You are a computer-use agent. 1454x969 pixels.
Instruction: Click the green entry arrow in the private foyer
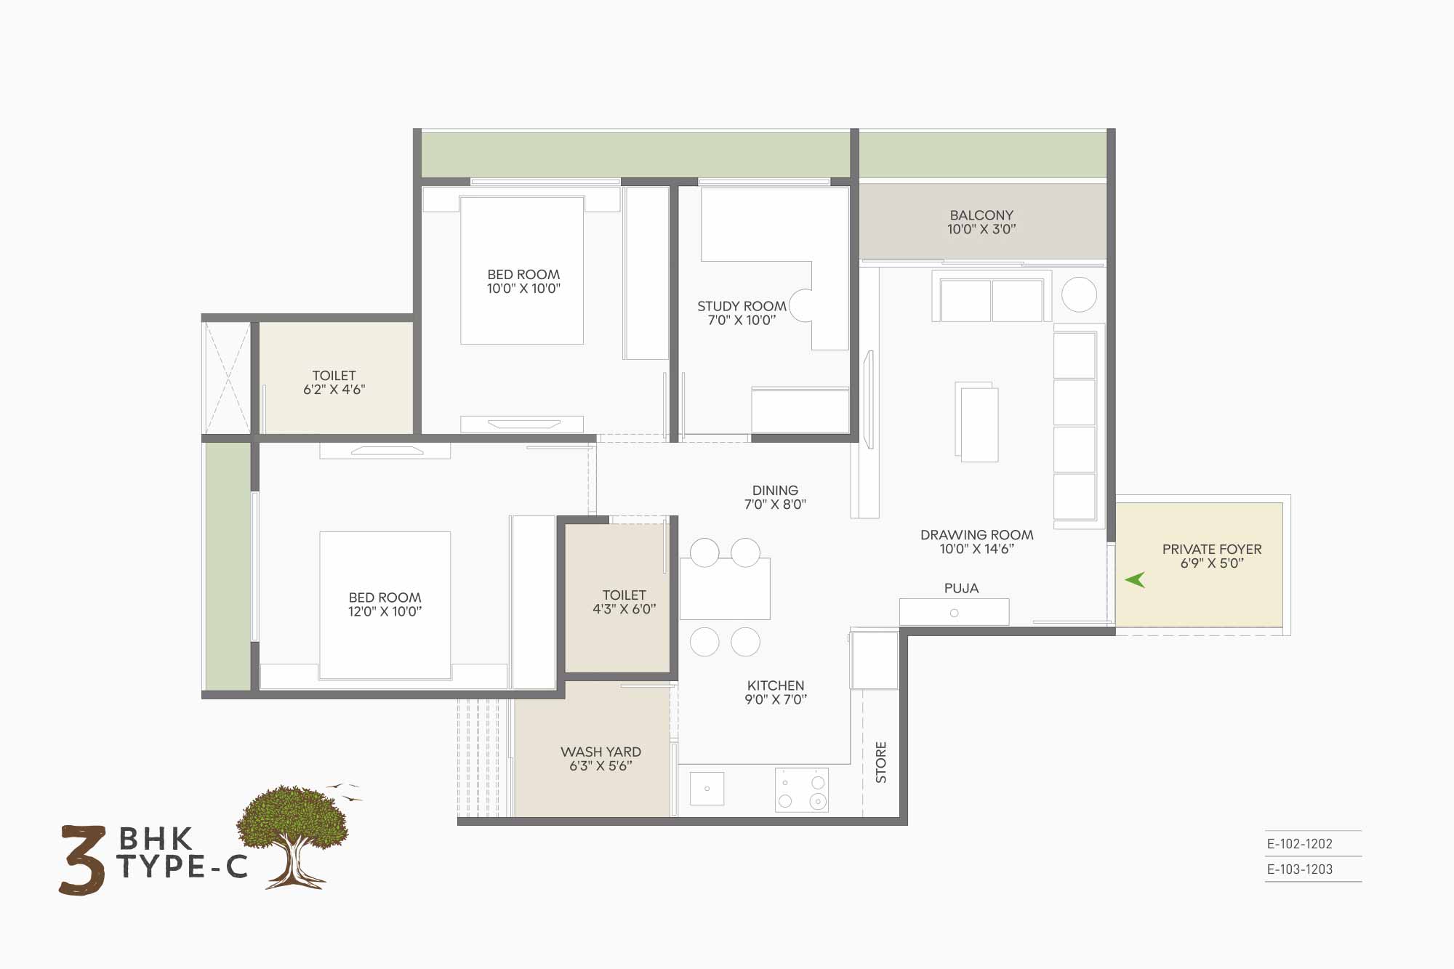click(x=1136, y=579)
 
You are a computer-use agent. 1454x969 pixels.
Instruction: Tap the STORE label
click(x=881, y=762)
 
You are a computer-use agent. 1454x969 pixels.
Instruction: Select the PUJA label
click(x=961, y=588)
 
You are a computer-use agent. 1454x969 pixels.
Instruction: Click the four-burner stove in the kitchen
click(x=802, y=790)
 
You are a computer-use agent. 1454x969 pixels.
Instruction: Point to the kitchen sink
click(x=707, y=789)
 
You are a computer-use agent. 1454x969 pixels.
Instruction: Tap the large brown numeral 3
click(x=82, y=860)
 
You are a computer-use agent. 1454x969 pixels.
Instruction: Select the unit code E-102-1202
click(x=1299, y=844)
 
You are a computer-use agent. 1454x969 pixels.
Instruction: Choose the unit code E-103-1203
click(x=1299, y=869)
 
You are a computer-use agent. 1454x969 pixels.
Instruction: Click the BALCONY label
click(x=981, y=215)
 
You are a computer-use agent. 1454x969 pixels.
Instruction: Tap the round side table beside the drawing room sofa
click(x=1079, y=294)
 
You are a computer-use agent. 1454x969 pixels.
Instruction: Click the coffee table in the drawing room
click(x=977, y=422)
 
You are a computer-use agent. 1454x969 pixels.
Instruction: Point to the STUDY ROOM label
click(x=742, y=306)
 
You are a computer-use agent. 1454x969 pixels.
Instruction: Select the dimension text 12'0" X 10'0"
click(x=385, y=611)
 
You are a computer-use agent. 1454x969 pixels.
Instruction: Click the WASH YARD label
click(x=601, y=752)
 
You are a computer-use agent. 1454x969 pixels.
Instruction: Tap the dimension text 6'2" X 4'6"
click(x=334, y=390)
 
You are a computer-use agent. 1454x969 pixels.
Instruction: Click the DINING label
click(x=775, y=491)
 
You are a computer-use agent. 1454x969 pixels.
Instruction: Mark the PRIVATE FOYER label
click(x=1212, y=550)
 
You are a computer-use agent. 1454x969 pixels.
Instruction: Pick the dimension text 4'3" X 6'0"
click(x=624, y=609)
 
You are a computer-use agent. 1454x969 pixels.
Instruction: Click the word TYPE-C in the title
click(x=182, y=867)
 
